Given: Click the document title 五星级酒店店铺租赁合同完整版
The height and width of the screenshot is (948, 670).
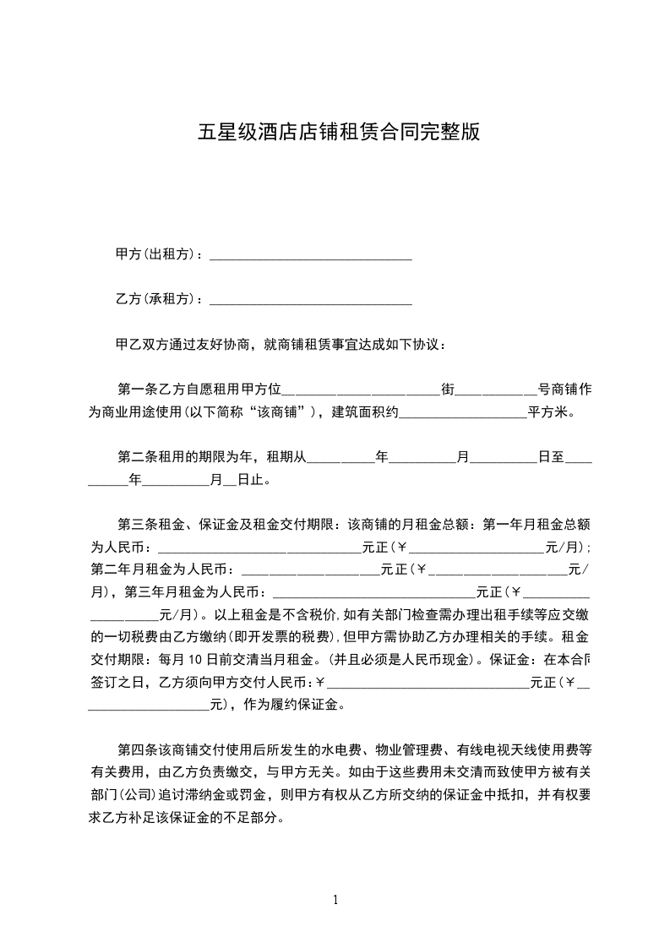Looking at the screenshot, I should coord(339,133).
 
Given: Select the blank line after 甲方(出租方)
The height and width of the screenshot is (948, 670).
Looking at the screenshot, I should coord(310,256).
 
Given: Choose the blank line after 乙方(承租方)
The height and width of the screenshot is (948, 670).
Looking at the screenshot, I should coord(310,301).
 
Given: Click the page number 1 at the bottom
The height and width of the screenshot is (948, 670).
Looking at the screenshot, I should coord(335,900).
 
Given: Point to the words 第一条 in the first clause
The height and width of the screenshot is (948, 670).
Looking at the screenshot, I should coord(135,390).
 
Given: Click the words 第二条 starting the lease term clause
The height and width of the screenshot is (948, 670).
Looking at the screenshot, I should coord(135,457).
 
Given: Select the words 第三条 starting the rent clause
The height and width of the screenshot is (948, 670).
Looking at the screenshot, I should coord(135,525).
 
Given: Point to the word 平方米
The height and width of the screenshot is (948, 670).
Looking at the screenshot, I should coord(551,412).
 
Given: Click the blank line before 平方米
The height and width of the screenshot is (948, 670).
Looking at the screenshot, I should coord(462,414).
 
